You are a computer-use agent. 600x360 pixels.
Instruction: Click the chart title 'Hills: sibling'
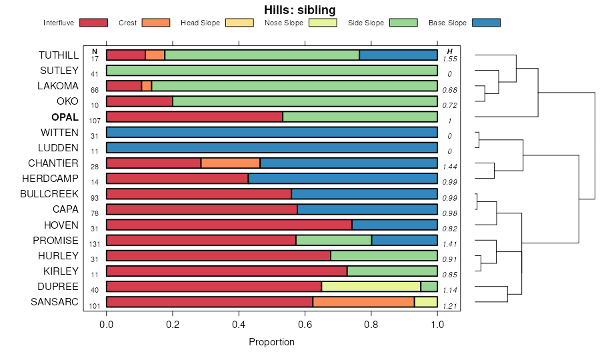299,10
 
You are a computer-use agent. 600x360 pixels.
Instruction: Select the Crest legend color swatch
156,23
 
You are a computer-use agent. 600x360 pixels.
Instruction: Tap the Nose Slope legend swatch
323,23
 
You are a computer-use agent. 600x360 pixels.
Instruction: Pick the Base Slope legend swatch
485,23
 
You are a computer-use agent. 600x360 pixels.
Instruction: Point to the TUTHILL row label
59,55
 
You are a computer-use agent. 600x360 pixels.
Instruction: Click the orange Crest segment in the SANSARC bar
363,302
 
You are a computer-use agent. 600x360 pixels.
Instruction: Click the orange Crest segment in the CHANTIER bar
230,163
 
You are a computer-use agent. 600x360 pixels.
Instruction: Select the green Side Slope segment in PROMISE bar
333,241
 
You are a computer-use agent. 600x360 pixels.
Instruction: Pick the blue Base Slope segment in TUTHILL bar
398,55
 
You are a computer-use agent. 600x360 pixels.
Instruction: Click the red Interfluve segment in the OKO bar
139,101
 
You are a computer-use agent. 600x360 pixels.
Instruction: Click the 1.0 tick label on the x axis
437,325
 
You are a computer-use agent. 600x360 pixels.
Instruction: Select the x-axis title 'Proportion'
271,342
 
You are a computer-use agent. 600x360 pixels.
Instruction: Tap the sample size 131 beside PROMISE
95,244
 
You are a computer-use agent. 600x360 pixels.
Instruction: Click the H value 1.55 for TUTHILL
449,59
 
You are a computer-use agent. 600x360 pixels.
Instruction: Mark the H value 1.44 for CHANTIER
449,167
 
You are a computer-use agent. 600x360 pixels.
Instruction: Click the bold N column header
95,51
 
